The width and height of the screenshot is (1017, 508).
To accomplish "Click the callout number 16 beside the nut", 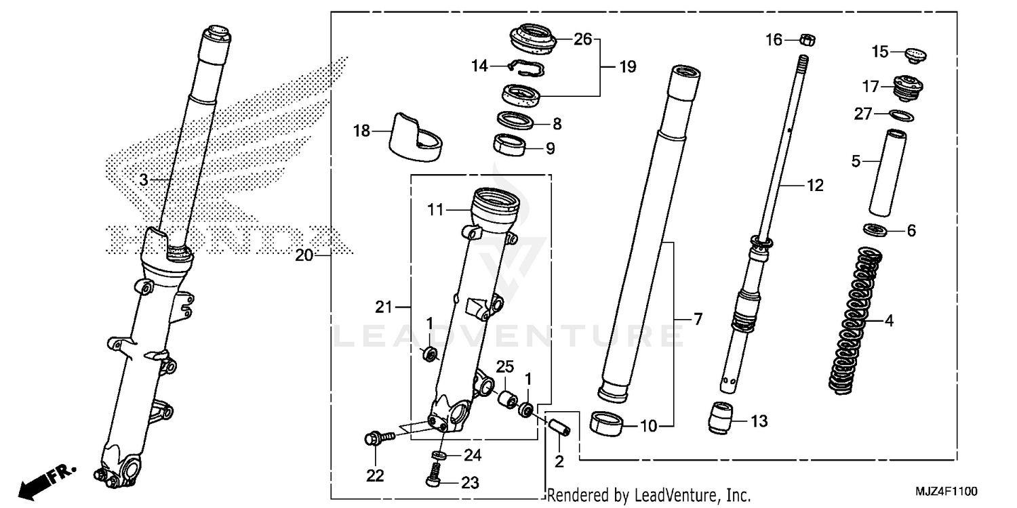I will click(774, 40).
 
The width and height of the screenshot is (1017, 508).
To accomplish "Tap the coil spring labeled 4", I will click(856, 322).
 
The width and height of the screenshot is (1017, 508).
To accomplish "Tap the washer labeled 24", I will click(439, 454).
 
